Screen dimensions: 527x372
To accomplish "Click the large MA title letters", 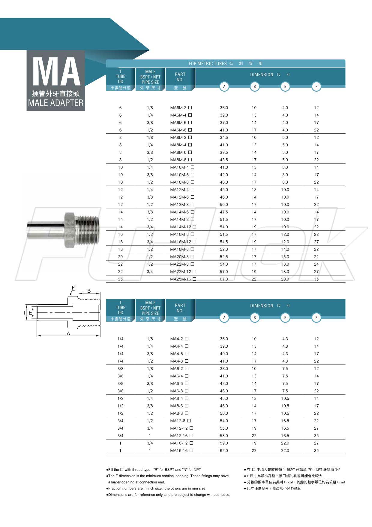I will coord(56,72).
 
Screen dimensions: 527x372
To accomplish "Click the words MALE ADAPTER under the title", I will coord(56,103).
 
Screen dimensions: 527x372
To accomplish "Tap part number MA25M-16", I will coord(181,279).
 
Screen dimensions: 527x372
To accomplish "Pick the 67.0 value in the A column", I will coord(224,279).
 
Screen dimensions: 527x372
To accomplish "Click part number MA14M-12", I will coord(181,227).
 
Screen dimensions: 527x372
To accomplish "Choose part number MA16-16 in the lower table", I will coord(179,451).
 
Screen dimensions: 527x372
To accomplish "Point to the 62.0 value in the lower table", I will coord(224,451).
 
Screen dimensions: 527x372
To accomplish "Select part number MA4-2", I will coord(176,339).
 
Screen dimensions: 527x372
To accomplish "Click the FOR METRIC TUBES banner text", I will coord(208,64).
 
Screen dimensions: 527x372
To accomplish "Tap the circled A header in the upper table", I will coord(224,87).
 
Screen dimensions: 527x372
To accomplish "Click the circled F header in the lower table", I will coord(316,318).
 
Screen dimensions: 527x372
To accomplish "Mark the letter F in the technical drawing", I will coord(73,288).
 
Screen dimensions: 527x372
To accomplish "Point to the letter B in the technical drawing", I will coord(89,291).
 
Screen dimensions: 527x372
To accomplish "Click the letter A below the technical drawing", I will coord(68,334).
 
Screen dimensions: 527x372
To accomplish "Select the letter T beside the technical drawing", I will coord(24,313).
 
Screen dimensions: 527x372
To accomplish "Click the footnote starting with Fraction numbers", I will coord(157,489).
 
